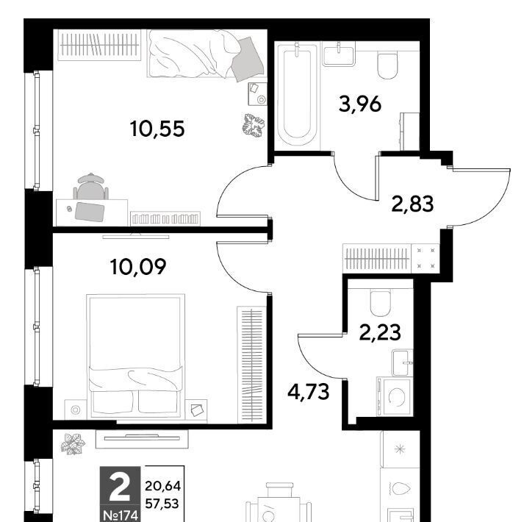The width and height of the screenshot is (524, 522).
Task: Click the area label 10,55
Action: pos(157,129)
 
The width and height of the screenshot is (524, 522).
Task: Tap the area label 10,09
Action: pos(138,267)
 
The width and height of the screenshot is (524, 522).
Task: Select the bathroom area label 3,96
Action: pos(360,104)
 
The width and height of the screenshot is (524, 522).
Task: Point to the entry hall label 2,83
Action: pos(412,204)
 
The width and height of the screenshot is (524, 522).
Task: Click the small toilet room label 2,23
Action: pos(380,332)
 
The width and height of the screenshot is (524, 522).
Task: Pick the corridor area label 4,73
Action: pos(309,392)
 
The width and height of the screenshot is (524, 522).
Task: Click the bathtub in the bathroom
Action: pos(297,96)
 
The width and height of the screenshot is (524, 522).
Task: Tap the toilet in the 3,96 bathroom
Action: pos(387,65)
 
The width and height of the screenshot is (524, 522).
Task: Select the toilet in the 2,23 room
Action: pos(380,303)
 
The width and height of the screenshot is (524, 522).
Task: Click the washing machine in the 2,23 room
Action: pos(394,396)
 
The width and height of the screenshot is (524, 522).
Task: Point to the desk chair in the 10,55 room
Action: pos(91,186)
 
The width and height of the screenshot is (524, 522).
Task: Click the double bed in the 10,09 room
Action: pos(135,356)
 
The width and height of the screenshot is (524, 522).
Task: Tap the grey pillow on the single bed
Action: pos(248,60)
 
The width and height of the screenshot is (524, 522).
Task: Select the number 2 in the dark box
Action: pos(120,489)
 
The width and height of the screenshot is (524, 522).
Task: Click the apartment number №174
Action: pos(121,515)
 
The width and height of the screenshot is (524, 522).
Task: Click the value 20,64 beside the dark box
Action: pos(162,486)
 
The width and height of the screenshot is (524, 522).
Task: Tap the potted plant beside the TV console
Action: pos(73,444)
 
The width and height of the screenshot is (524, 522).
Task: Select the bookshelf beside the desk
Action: pos(165,219)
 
